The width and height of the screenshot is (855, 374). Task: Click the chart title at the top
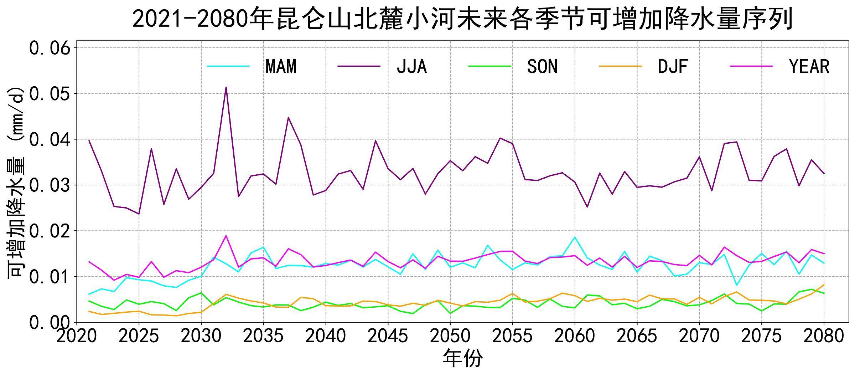(x=462, y=19)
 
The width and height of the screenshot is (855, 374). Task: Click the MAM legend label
(x=281, y=66)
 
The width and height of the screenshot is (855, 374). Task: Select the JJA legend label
(x=412, y=66)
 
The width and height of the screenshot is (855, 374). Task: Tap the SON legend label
(x=542, y=66)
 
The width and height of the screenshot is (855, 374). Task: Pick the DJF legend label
(x=673, y=66)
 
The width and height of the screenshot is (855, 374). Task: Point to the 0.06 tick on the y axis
(x=50, y=48)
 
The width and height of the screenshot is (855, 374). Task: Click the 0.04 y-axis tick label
(x=50, y=139)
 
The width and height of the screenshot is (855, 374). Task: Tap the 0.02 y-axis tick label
(x=50, y=231)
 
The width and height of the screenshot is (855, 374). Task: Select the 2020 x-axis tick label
(x=77, y=335)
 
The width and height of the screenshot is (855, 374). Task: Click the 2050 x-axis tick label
(x=450, y=335)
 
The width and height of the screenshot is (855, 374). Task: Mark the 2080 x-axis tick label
(x=824, y=335)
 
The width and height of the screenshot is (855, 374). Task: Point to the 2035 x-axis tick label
(x=263, y=335)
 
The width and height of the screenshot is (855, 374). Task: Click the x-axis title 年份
(x=462, y=358)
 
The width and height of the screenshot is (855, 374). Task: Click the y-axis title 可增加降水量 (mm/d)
(x=16, y=182)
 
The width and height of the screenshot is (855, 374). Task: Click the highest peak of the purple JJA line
(x=226, y=87)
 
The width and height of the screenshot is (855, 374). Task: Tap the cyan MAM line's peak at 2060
(x=574, y=237)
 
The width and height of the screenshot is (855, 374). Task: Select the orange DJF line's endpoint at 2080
(x=824, y=285)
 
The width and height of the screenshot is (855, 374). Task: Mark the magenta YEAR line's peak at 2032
(x=226, y=236)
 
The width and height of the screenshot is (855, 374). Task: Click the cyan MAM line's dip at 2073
(x=736, y=285)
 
